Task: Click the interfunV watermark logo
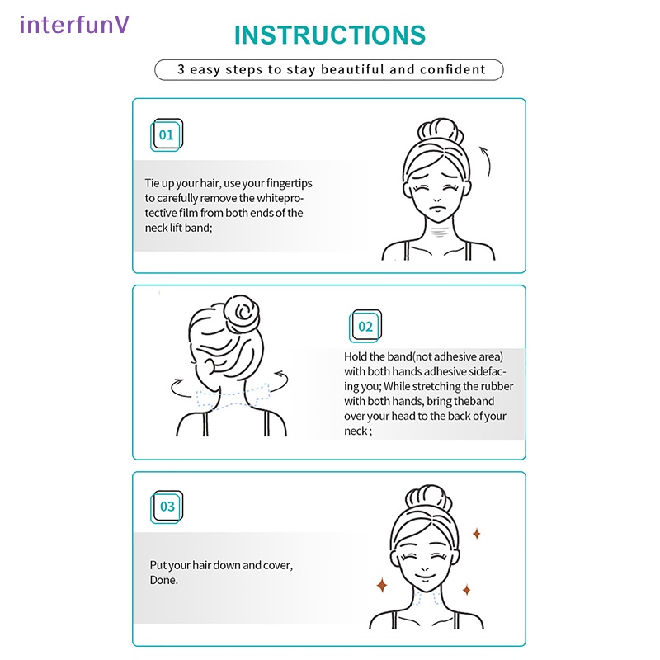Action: [74, 25]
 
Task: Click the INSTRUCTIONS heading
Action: [329, 35]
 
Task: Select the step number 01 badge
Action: [167, 134]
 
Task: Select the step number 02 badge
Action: [365, 326]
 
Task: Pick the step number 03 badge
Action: [167, 507]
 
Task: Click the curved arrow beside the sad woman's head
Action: [488, 161]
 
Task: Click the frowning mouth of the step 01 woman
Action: [438, 210]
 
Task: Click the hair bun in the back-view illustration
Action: [241, 313]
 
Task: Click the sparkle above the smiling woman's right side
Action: [477, 534]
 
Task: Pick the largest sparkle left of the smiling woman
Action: [382, 585]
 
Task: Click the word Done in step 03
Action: [163, 580]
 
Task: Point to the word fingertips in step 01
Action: [290, 183]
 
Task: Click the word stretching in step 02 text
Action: [427, 386]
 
